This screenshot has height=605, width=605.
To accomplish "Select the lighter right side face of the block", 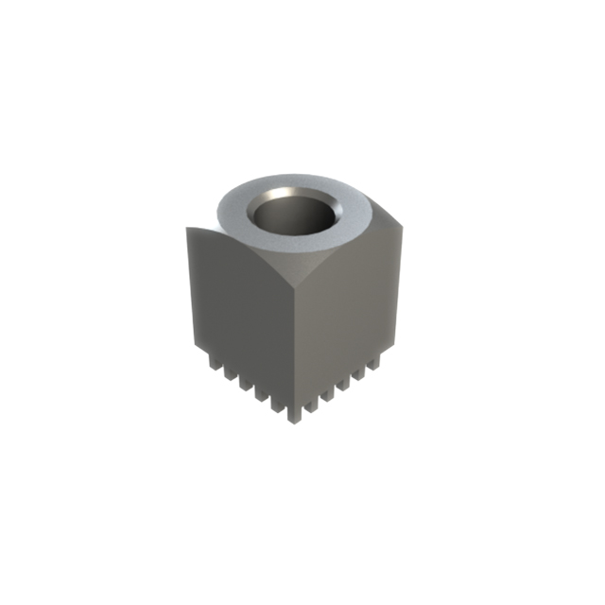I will coord(350,302).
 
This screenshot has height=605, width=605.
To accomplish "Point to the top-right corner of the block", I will coord(408,225).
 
